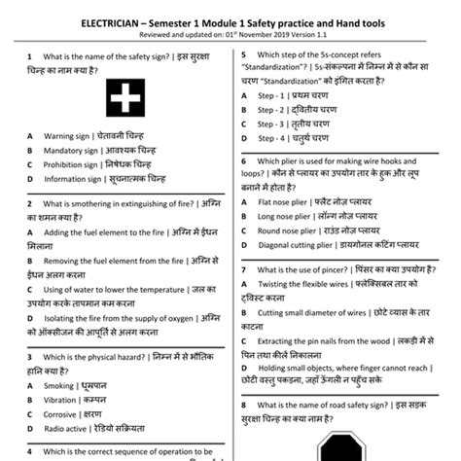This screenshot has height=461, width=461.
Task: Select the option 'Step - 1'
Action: [x=271, y=97]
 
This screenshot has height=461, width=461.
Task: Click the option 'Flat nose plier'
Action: [x=283, y=203]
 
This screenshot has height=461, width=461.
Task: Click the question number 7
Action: [x=242, y=268]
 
